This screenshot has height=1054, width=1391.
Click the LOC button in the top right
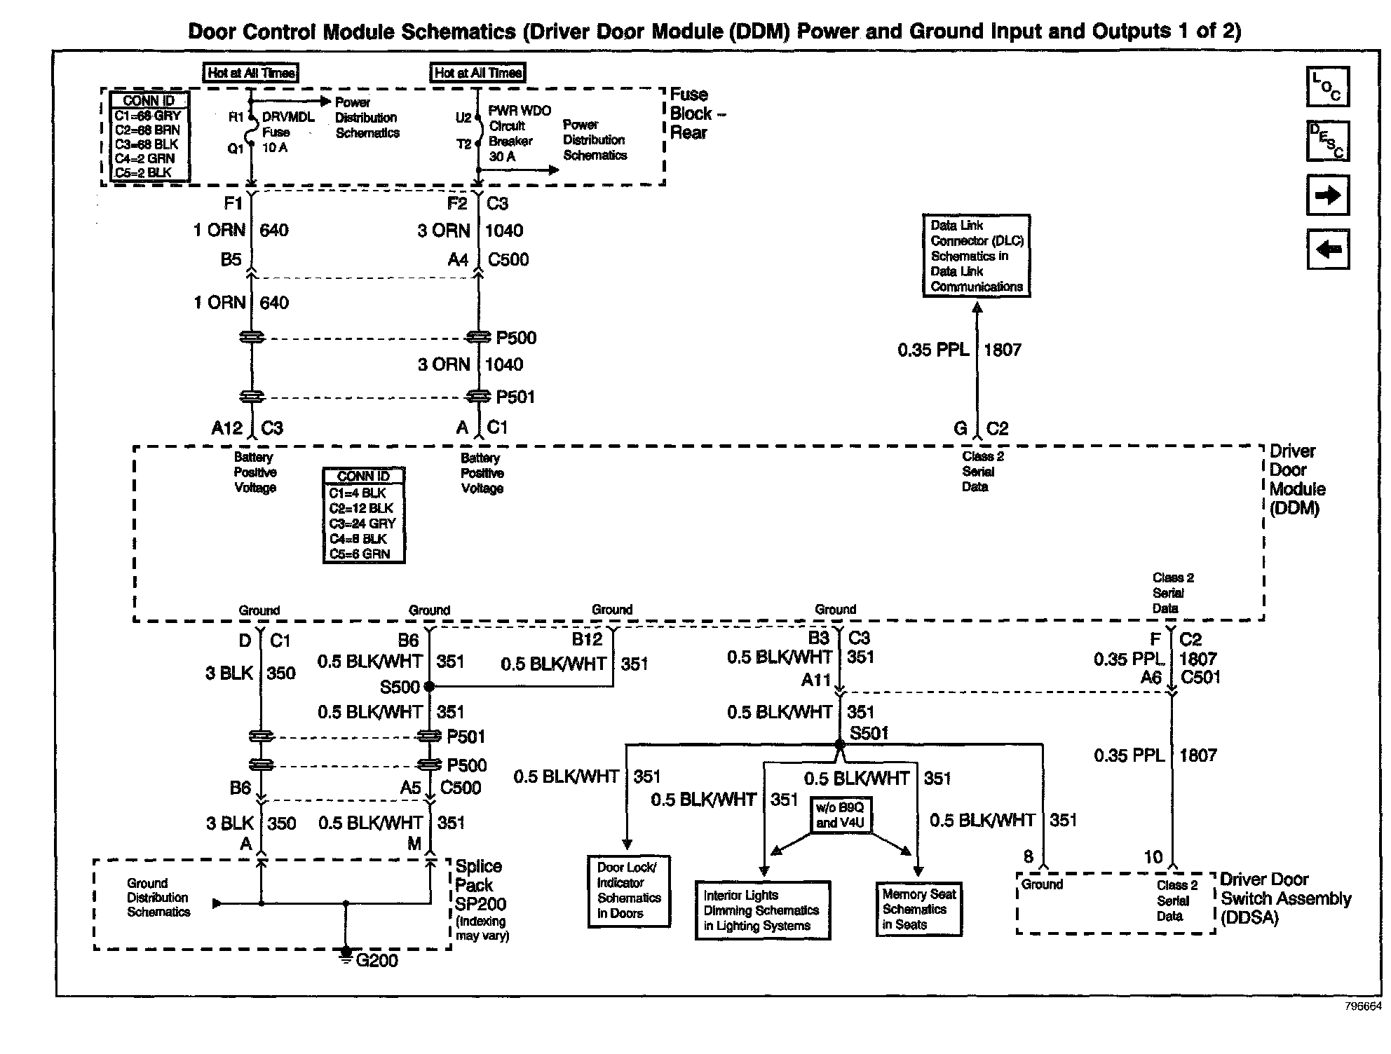click(x=1327, y=86)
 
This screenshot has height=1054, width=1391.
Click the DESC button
click(x=1327, y=140)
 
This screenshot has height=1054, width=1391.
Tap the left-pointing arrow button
click(x=1327, y=249)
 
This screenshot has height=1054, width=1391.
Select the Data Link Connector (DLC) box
click(x=976, y=256)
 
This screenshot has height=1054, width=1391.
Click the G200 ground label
click(x=376, y=960)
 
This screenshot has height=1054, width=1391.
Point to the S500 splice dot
click(x=429, y=687)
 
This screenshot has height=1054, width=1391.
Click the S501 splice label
click(x=869, y=733)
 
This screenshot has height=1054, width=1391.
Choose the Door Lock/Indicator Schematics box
click(x=628, y=891)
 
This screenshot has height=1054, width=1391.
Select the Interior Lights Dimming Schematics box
click(x=762, y=910)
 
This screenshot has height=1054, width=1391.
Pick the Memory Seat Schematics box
click(x=918, y=909)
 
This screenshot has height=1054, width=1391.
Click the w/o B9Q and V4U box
click(x=840, y=815)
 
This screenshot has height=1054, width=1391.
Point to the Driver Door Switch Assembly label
click(x=1284, y=898)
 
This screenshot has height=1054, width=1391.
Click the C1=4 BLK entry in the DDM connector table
click(x=358, y=493)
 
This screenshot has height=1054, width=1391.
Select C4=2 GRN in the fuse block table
click(x=144, y=158)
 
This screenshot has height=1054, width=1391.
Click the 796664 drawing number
click(x=1363, y=1006)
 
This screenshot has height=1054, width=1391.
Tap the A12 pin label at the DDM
click(x=226, y=427)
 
